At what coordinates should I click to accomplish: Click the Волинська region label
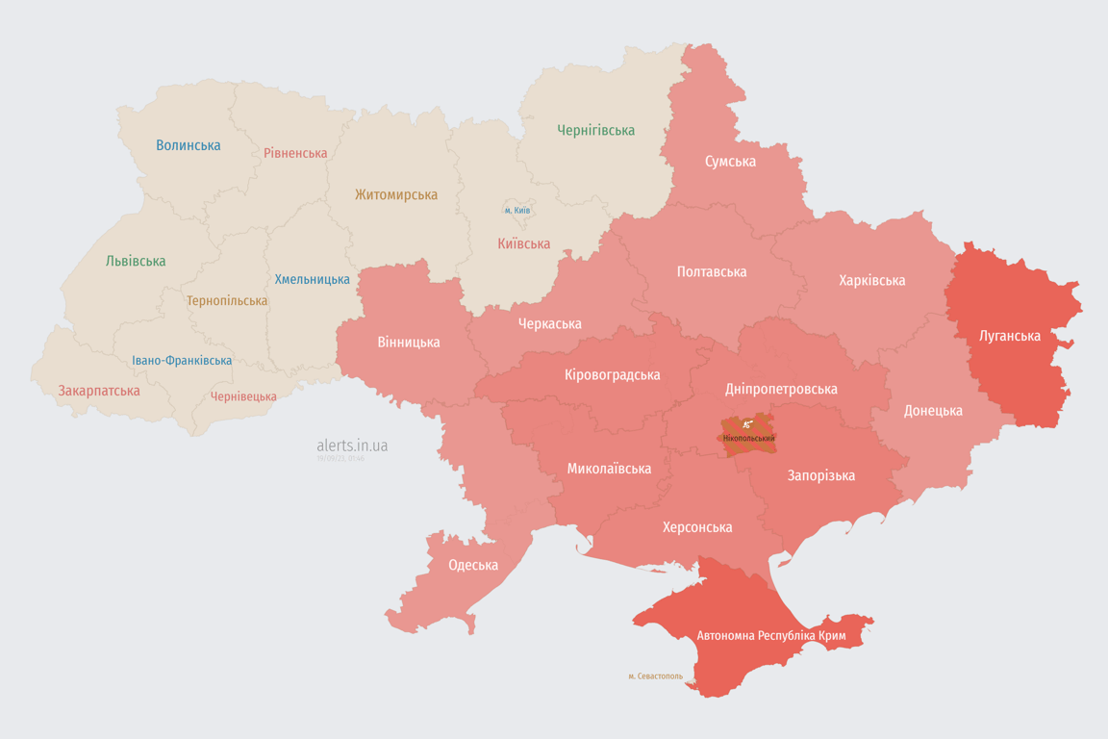189,145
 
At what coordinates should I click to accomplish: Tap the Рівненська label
295,153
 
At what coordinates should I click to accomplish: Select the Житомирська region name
395,195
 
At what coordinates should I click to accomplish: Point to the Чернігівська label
595,130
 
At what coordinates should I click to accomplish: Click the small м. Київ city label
517,210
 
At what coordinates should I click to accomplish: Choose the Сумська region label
730,162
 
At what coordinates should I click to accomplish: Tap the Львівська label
136,261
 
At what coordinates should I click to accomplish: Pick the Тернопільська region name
227,301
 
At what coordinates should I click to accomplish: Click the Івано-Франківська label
182,361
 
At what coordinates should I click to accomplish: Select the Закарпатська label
99,391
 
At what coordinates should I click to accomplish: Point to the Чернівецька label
243,396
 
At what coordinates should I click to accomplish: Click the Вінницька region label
409,342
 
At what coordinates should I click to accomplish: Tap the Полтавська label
712,271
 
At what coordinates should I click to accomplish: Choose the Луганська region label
1009,336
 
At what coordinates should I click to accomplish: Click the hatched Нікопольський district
747,436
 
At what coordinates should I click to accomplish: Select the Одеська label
473,565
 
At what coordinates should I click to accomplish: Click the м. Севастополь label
655,675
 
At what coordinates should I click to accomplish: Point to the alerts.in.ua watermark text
352,446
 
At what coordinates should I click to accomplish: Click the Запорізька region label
821,475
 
